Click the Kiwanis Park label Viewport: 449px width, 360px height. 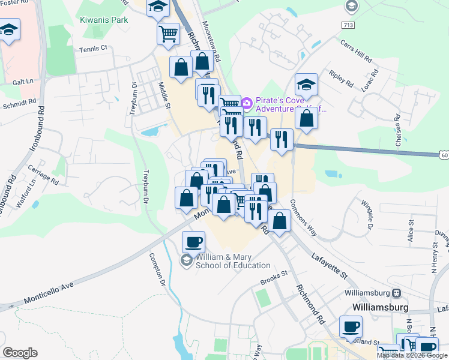click(x=104, y=20)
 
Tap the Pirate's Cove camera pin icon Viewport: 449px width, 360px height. click(x=247, y=104)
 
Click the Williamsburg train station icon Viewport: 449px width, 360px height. click(x=396, y=293)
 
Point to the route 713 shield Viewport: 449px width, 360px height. click(x=348, y=25)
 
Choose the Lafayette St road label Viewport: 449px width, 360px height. click(x=330, y=266)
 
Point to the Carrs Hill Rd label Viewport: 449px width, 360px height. click(x=355, y=53)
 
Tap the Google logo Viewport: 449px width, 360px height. click(x=20, y=353)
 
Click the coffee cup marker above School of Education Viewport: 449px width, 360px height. click(x=193, y=242)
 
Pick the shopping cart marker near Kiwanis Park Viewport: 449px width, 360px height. click(x=169, y=34)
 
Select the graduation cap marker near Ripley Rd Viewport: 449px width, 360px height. click(x=306, y=85)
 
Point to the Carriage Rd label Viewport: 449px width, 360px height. click(x=46, y=178)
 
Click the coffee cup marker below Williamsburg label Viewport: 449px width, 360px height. click(x=351, y=328)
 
